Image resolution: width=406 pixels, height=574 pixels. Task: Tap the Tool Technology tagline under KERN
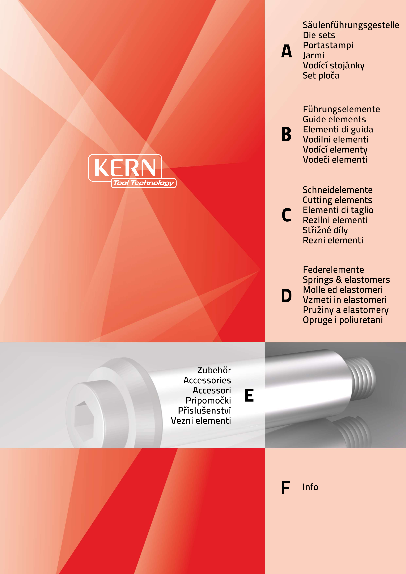click(x=144, y=183)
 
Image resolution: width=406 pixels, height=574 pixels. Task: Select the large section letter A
click(x=287, y=51)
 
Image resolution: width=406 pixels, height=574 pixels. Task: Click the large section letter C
click(x=287, y=215)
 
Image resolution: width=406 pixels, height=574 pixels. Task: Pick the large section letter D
click(x=287, y=296)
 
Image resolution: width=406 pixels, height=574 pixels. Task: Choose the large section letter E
click(x=249, y=395)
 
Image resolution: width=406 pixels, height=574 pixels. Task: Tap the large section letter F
click(x=286, y=487)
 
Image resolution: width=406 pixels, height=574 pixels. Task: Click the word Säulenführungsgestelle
click(x=351, y=25)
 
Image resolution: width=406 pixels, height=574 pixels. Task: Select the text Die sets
click(x=319, y=35)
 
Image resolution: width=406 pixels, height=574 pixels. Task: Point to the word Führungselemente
click(x=342, y=109)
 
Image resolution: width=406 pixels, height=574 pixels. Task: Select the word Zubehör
click(x=214, y=370)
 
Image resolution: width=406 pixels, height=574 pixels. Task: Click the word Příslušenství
click(x=205, y=410)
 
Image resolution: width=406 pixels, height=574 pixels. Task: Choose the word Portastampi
click(x=328, y=45)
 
